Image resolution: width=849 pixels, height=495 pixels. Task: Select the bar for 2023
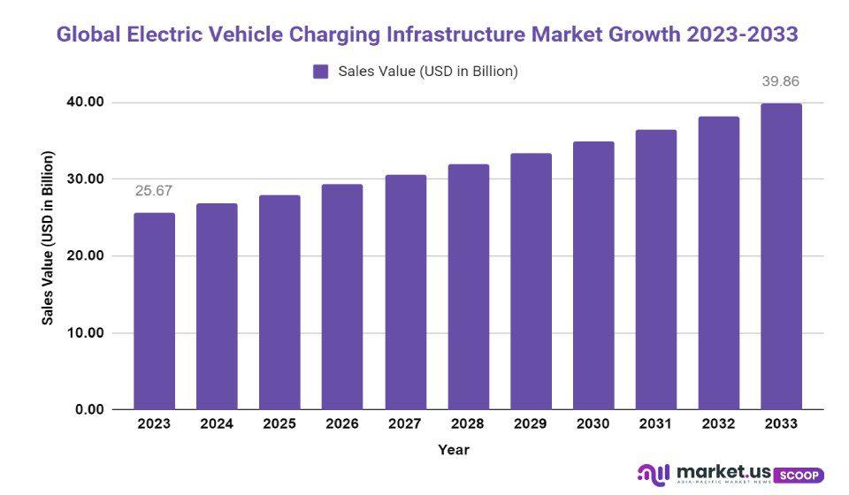154,311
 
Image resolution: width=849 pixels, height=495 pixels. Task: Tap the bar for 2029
531,281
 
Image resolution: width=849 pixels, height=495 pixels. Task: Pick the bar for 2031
655,270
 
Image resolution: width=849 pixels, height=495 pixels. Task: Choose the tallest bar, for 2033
781,256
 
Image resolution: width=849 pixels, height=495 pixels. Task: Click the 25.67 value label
154,191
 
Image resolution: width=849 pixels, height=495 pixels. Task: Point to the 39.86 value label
781,81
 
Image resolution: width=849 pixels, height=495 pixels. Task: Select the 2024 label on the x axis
217,424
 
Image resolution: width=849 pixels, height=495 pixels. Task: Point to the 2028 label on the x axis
468,424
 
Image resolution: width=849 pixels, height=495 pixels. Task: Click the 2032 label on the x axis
718,424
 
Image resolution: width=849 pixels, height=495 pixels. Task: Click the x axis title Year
454,450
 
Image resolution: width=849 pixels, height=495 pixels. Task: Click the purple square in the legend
321,72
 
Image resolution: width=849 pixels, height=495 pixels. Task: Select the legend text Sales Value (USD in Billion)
428,72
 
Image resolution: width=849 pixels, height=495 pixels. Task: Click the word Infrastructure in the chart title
456,34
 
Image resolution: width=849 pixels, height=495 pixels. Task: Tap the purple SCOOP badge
799,475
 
